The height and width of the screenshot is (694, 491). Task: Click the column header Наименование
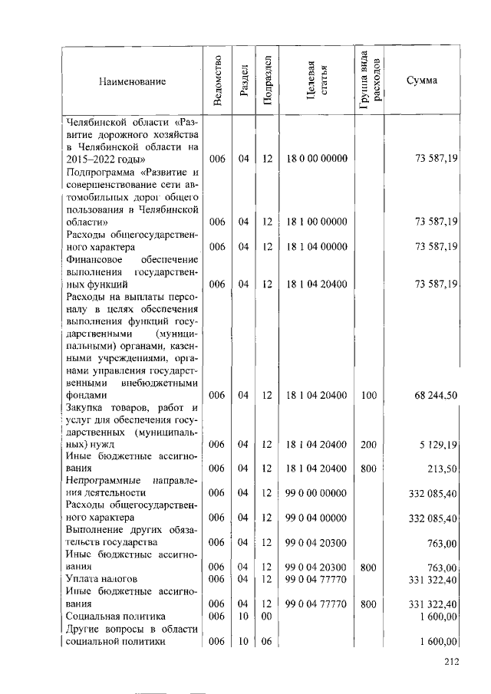pyautogui.click(x=132, y=81)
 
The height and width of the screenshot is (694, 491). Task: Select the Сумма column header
pyautogui.click(x=422, y=81)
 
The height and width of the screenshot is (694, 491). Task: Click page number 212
pyautogui.click(x=450, y=663)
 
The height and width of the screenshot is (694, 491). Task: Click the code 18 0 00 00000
pyautogui.click(x=317, y=158)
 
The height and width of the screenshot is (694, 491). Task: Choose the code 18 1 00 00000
pyautogui.click(x=317, y=222)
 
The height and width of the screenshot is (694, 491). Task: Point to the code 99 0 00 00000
pyautogui.click(x=317, y=492)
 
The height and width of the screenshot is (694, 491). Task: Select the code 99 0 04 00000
pyautogui.click(x=317, y=518)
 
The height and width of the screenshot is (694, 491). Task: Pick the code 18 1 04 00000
pyautogui.click(x=317, y=246)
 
